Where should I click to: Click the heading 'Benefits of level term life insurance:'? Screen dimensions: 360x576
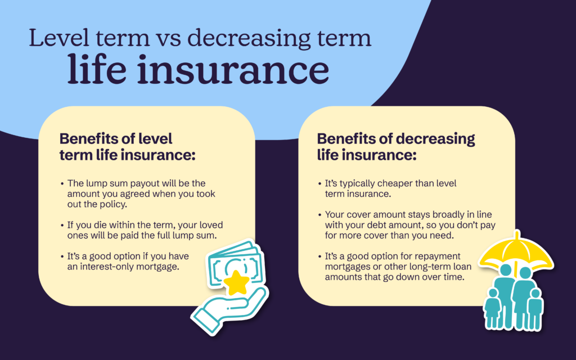[127, 147]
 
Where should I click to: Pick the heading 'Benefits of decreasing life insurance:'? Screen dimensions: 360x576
[396, 147]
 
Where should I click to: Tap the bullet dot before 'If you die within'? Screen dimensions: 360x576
[62, 224]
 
